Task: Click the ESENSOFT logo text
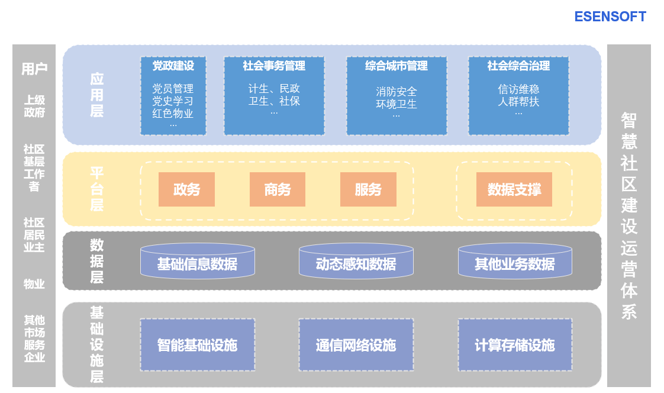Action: (610, 17)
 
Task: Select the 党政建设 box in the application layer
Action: (173, 96)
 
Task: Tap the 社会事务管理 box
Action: (274, 96)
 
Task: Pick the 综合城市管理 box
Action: (397, 96)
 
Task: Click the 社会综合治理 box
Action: (518, 96)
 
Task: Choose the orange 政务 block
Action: (186, 189)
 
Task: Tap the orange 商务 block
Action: (278, 189)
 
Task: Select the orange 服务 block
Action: (368, 189)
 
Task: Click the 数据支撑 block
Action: (514, 189)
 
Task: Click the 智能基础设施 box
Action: (197, 345)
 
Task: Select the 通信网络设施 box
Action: (356, 345)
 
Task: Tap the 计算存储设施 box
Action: (515, 345)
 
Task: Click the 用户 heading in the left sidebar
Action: (34, 69)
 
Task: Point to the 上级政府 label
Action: (34, 107)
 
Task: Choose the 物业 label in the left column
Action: (34, 284)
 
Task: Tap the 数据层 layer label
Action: (97, 261)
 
